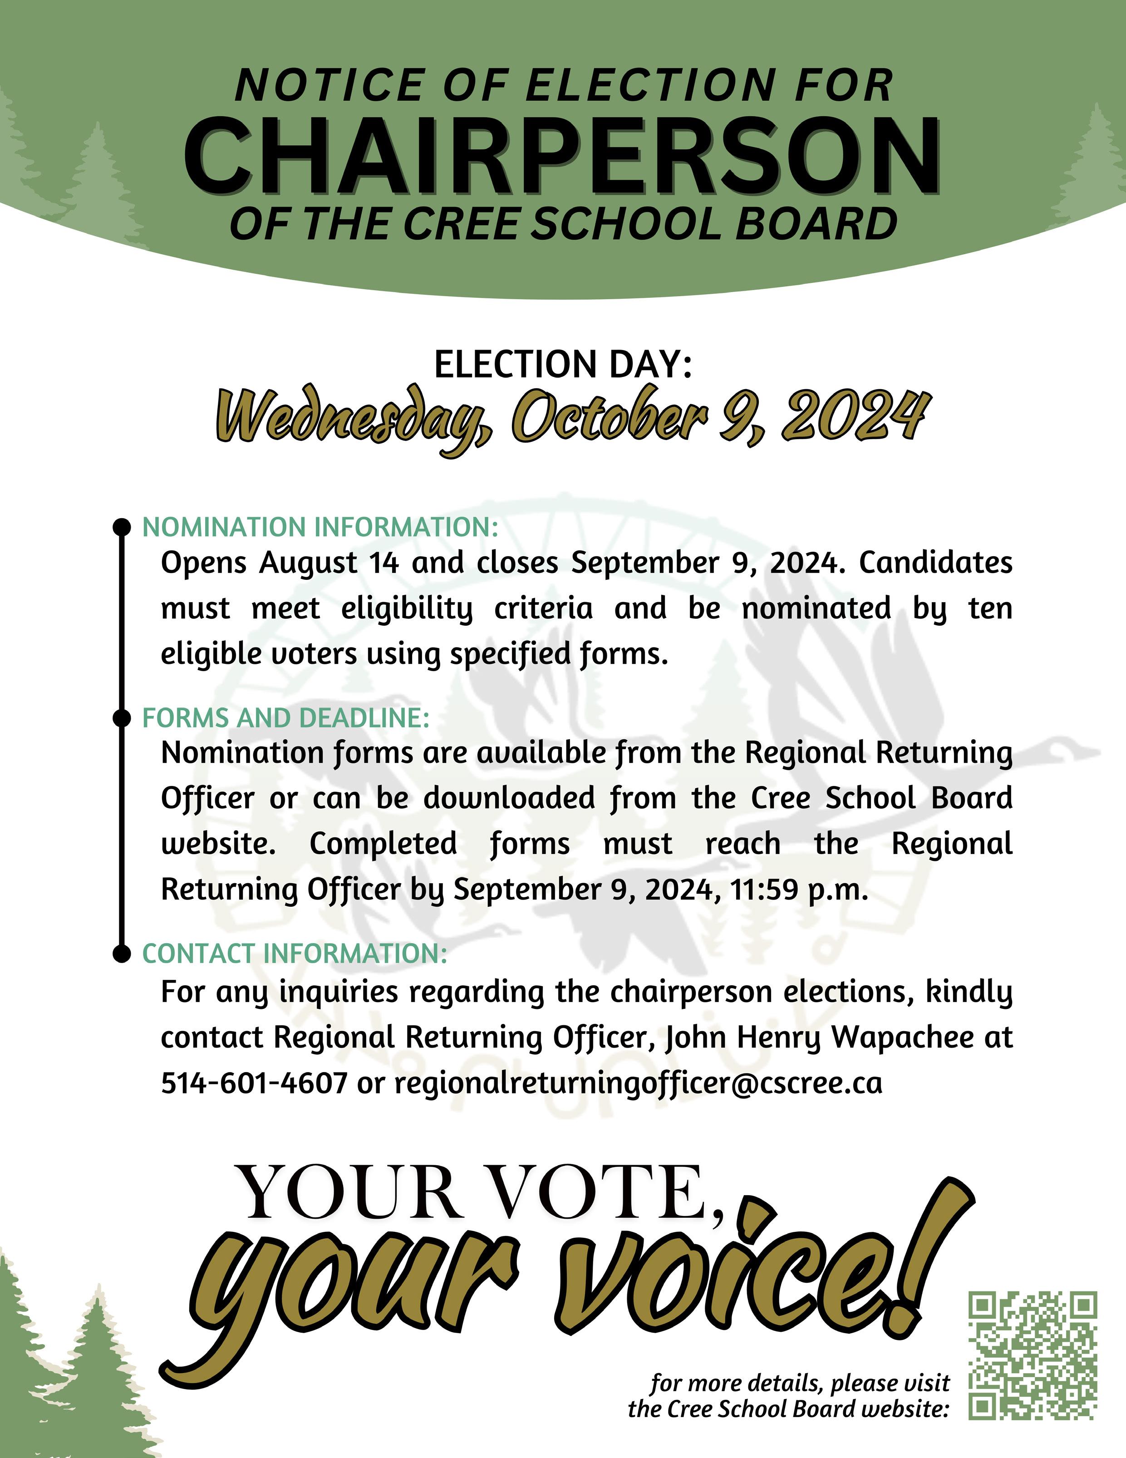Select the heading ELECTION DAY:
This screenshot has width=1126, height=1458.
pos(563,365)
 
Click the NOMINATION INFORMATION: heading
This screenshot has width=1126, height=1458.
pos(320,527)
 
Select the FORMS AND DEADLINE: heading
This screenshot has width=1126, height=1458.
pos(285,718)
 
